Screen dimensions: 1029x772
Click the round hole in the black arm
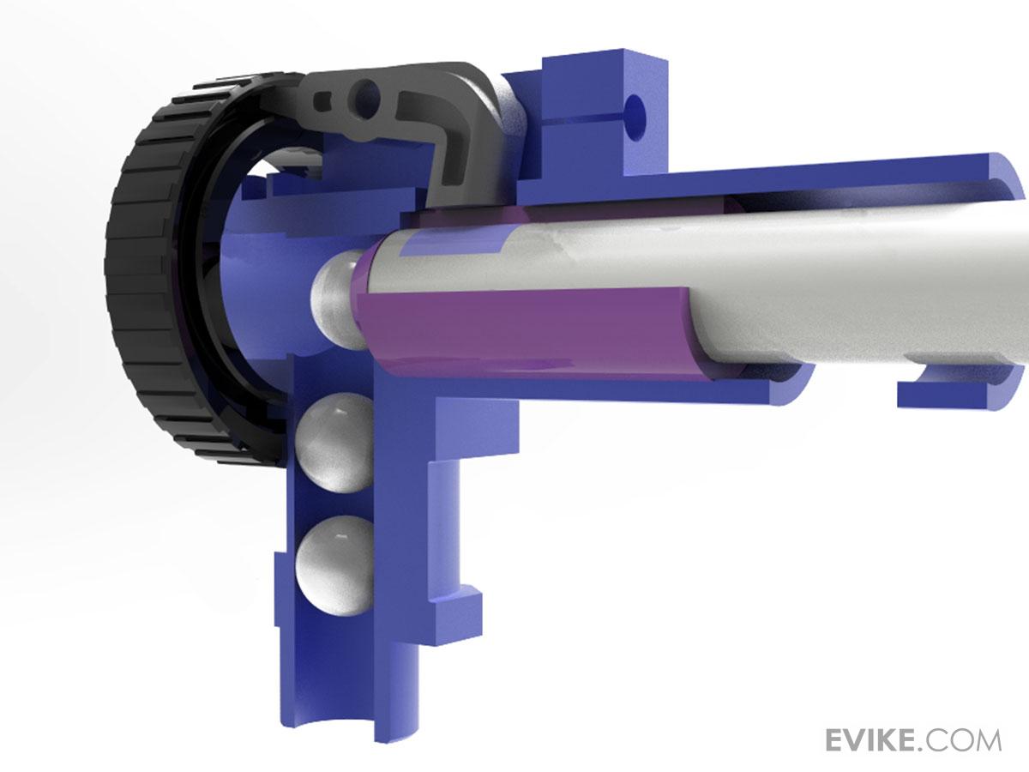pyautogui.click(x=366, y=94)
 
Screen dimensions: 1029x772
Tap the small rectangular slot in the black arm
pyautogui.click(x=322, y=102)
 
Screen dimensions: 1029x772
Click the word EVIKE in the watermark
pyautogui.click(x=870, y=740)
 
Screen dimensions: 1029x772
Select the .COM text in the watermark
pyautogui.click(x=960, y=740)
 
